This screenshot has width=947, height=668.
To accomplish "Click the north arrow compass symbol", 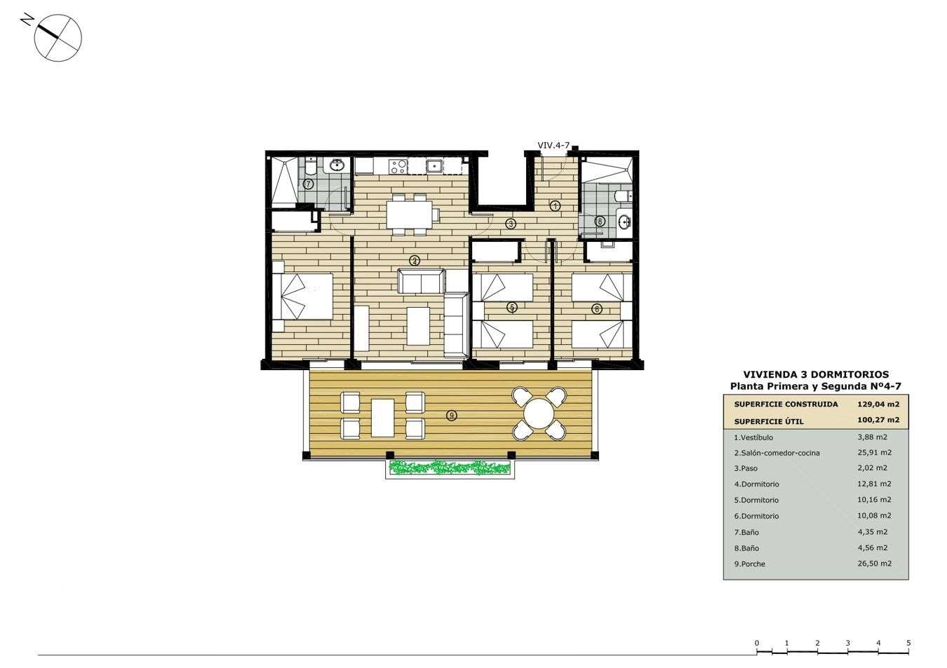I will (x=58, y=36).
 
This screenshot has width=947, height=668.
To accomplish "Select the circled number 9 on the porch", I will (x=452, y=416).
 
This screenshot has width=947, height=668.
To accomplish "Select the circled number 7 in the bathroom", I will (x=308, y=184).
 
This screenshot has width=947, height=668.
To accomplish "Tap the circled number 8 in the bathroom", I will (x=600, y=221).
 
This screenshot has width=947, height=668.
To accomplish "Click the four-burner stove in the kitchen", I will (x=398, y=167).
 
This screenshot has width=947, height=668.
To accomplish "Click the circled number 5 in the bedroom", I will (x=512, y=307).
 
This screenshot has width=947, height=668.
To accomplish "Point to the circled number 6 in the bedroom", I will (x=597, y=308).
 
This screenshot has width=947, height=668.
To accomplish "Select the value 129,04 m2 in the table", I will (x=878, y=404).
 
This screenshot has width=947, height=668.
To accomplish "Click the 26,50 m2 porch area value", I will (x=875, y=564).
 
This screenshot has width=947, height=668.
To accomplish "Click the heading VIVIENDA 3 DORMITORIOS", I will (x=816, y=374).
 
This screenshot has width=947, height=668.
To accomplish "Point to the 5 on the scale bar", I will (x=908, y=643).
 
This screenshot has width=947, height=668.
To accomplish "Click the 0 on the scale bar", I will (x=757, y=643).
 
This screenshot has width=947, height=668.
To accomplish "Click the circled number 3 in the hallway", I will (x=511, y=224).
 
